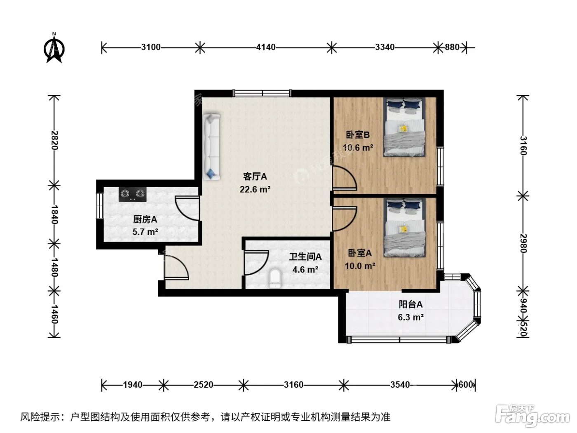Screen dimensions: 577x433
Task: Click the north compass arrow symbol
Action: point(54,48)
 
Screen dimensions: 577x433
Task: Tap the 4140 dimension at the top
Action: point(266,47)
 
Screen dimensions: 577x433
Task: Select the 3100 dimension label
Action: point(150,47)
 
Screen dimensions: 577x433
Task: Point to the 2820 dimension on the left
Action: point(54,140)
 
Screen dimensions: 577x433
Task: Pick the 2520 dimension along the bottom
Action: point(204,385)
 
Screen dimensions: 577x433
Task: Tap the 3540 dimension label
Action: point(400,385)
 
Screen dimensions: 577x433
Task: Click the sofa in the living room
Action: point(211,147)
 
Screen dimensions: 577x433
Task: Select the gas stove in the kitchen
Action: point(132,194)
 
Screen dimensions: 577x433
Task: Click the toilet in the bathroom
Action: point(275,278)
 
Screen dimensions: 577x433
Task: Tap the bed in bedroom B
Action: point(404,127)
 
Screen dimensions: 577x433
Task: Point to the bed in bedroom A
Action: point(404,228)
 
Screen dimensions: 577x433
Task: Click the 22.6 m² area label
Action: point(255,189)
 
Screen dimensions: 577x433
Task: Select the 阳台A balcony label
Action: point(410,304)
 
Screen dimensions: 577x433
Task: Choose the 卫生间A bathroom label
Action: point(305,257)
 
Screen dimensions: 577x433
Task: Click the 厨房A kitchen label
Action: point(145,219)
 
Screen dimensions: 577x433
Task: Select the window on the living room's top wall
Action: point(262,93)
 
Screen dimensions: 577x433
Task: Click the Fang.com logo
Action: point(532,416)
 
